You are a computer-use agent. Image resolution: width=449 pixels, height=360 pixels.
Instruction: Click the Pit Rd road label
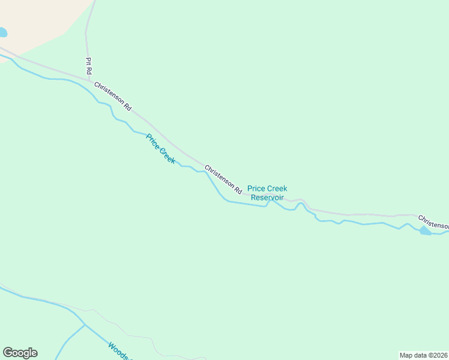[x=88, y=65]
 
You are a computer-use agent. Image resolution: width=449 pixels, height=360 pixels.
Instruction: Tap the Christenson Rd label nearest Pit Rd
[x=112, y=96]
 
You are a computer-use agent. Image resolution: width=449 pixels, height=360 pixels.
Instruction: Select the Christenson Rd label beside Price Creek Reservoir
[x=223, y=179]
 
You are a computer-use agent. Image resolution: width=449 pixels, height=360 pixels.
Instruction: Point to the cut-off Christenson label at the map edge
[x=433, y=221]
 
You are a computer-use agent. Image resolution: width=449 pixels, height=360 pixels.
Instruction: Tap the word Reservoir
[x=267, y=197]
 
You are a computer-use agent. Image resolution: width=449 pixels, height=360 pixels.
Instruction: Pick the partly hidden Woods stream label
[x=118, y=351]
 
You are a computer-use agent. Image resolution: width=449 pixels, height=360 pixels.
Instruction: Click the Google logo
[x=20, y=353]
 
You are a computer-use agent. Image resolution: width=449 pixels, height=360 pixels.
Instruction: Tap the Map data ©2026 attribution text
[x=423, y=355]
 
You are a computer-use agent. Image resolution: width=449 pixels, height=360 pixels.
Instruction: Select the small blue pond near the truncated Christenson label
[x=425, y=231]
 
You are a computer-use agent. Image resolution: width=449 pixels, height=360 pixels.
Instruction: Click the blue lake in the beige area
[x=2, y=32]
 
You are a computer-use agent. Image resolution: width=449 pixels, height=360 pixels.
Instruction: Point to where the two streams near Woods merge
[x=84, y=325]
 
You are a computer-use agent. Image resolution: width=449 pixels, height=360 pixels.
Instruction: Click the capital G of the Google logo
[x=8, y=353]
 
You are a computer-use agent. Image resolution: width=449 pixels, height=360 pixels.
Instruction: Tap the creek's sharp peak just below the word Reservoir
[x=270, y=201]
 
